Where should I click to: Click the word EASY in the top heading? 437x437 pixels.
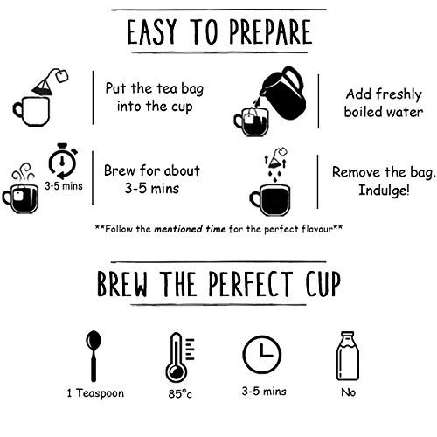(x=152, y=31)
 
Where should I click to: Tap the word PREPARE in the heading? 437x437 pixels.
(x=271, y=31)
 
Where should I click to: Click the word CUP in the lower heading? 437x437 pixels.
(x=323, y=284)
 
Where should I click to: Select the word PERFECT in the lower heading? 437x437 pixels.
(x=250, y=284)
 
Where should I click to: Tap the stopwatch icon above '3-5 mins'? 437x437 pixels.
(x=63, y=161)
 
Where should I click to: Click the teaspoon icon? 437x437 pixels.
(x=94, y=356)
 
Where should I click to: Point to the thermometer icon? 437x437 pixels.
(x=178, y=357)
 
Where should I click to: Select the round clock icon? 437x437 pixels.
(x=262, y=354)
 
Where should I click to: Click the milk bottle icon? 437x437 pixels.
(x=348, y=356)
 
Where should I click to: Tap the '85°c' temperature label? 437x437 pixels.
(x=180, y=394)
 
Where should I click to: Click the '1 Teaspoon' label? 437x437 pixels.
(x=95, y=393)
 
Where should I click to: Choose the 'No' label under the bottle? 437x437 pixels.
(x=349, y=392)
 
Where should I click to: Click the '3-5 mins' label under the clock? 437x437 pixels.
(x=264, y=392)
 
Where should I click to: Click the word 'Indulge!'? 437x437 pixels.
(x=384, y=191)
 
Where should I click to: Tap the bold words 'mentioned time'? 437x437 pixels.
(x=190, y=229)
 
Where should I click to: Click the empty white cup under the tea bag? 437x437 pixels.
(x=31, y=111)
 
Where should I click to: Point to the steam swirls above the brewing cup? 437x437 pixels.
(x=23, y=172)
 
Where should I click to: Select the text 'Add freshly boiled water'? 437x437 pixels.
(x=384, y=103)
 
